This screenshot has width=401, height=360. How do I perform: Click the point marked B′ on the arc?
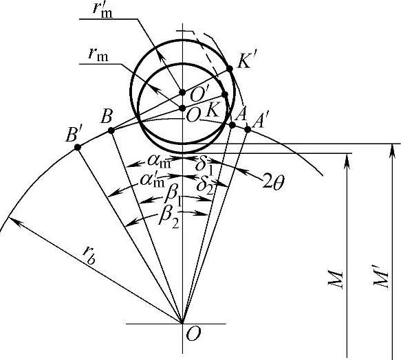pos(78,147)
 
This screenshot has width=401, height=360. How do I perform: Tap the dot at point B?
pos(111,131)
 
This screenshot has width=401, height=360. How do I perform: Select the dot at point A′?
pos(248,129)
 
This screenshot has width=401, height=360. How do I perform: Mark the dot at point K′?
pos(230,69)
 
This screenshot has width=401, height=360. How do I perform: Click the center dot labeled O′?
pos(182,92)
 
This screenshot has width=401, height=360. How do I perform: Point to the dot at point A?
pos(232,125)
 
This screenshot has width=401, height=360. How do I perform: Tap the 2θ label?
pos(273,183)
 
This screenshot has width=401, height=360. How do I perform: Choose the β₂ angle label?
pos(169,218)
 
